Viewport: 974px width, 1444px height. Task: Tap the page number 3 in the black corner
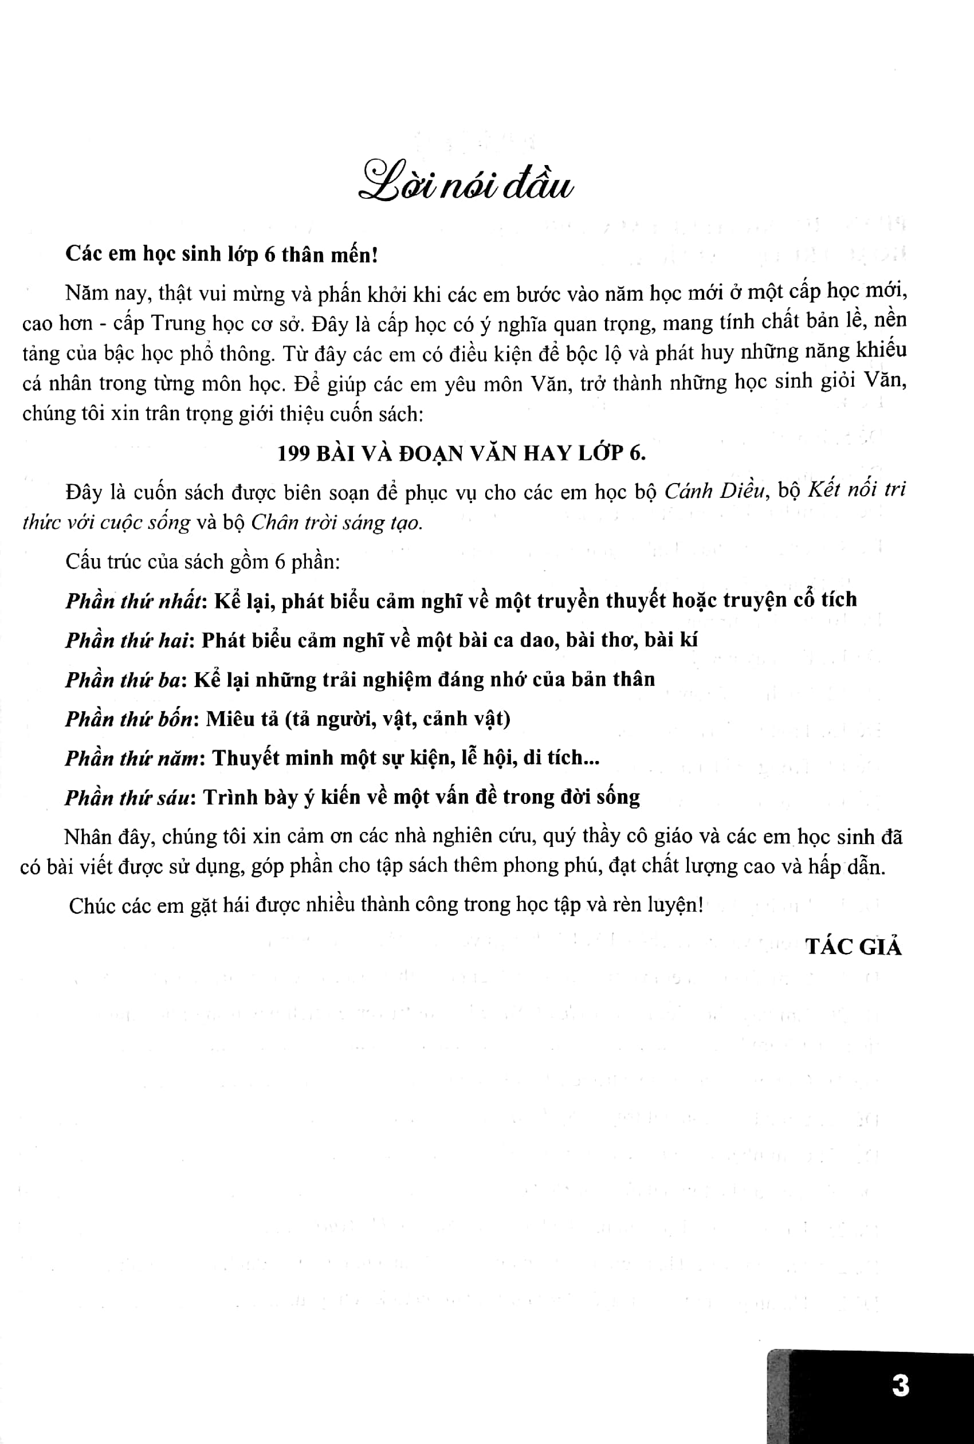pos(900,1386)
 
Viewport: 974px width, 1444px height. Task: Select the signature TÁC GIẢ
pos(854,947)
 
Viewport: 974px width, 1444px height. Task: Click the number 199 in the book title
pos(293,453)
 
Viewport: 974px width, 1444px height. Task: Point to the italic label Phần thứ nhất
pos(134,601)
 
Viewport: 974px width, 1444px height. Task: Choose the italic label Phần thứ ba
pos(123,680)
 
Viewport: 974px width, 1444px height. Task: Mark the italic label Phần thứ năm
pos(133,758)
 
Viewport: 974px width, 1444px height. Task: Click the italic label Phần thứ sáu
pos(127,798)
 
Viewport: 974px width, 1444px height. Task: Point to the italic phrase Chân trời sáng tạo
pos(337,523)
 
